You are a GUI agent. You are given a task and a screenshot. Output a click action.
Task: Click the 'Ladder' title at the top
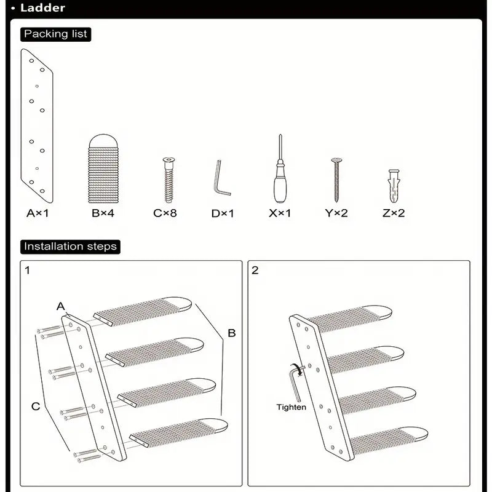[42, 9]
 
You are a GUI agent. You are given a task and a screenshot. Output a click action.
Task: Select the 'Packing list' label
[55, 34]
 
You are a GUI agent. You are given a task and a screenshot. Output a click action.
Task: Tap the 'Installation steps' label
[69, 247]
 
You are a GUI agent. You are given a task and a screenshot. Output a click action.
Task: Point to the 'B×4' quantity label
[103, 213]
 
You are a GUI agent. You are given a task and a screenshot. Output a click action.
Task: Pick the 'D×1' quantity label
[223, 213]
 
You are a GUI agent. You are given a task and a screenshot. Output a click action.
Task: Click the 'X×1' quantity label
[280, 213]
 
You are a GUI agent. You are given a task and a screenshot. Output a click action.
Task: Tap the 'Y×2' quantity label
[336, 213]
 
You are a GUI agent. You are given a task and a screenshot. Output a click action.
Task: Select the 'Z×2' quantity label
[394, 213]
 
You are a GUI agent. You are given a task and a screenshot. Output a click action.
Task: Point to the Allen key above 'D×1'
[222, 178]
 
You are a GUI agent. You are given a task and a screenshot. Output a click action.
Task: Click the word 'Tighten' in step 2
[291, 407]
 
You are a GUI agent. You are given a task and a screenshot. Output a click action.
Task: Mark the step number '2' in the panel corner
[255, 270]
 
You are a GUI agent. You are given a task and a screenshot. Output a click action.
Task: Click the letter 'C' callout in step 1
[36, 405]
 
